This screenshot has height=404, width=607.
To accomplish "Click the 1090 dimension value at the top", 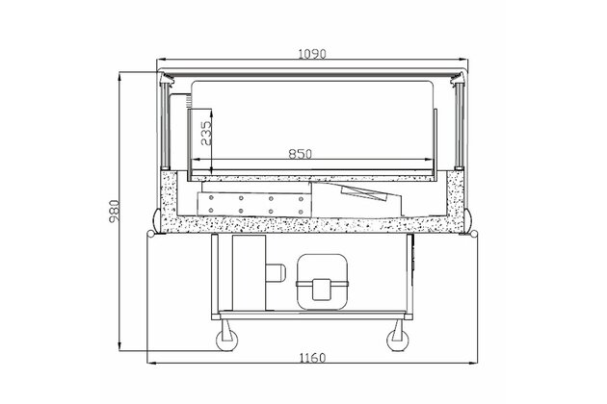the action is click(312, 54).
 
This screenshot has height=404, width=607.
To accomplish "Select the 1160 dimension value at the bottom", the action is click(312, 358).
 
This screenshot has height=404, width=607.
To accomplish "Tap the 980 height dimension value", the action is click(115, 212).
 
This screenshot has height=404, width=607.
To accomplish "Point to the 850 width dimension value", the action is click(301, 154).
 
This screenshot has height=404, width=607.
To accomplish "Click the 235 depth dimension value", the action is click(206, 133).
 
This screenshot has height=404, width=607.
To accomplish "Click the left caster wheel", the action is click(226, 341).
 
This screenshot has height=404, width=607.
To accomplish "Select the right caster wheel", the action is click(398, 341).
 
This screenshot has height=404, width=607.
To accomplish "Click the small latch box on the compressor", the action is click(321, 290).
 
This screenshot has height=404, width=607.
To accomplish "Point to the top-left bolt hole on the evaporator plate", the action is click(211, 198).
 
